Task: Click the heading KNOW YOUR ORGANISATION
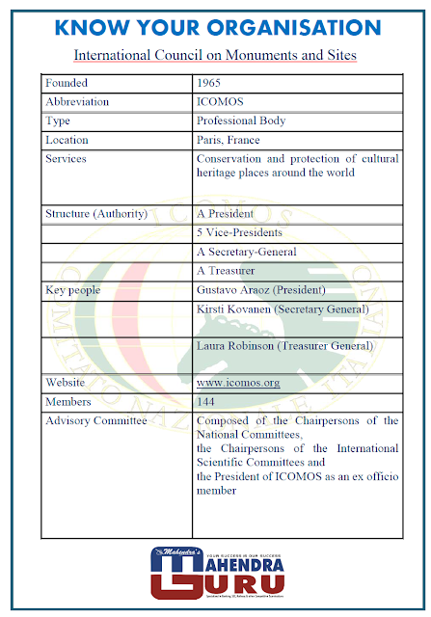215,25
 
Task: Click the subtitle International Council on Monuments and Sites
215,55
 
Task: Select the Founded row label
67,83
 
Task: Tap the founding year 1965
209,83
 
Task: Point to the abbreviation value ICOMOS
220,102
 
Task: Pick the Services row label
66,159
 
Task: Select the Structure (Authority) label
96,213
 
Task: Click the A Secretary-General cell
246,252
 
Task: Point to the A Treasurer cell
226,271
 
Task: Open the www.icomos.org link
237,383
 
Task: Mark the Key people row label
72,289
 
